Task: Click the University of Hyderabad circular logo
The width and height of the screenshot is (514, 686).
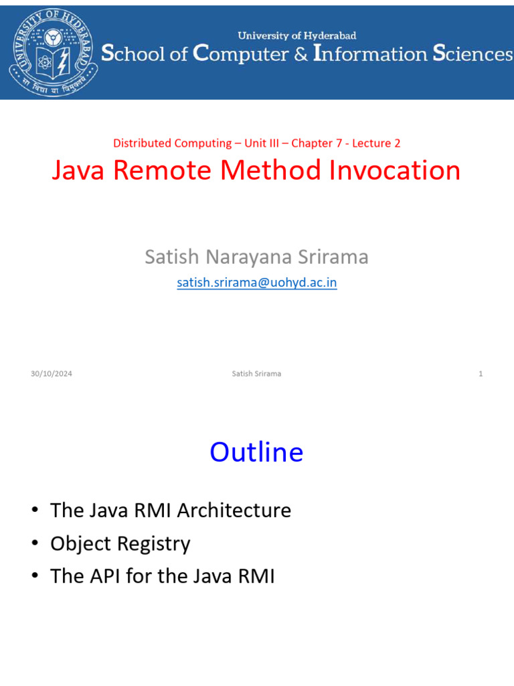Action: pos(54,52)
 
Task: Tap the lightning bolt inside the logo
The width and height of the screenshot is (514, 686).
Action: pos(63,62)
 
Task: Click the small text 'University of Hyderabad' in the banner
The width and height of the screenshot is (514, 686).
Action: pos(296,36)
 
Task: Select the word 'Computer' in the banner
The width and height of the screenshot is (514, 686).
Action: pos(241,54)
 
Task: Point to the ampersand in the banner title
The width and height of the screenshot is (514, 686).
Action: pos(301,54)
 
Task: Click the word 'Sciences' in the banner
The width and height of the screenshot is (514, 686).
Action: pos(473,54)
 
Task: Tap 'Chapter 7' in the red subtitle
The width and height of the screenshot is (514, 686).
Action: pos(317,143)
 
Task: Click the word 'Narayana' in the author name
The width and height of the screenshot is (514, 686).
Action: pos(249,257)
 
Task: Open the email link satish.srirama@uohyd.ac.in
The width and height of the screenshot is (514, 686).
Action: pos(257,283)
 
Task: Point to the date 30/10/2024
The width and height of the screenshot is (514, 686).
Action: pos(52,374)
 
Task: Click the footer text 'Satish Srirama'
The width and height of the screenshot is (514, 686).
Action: pos(256,374)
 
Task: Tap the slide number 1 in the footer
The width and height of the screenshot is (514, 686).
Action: pos(481,374)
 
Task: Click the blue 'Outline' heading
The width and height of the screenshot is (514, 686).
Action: pos(256,452)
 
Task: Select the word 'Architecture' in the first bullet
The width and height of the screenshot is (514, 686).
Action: pos(234,510)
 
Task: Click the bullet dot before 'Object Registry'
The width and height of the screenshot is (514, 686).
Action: pos(35,543)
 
